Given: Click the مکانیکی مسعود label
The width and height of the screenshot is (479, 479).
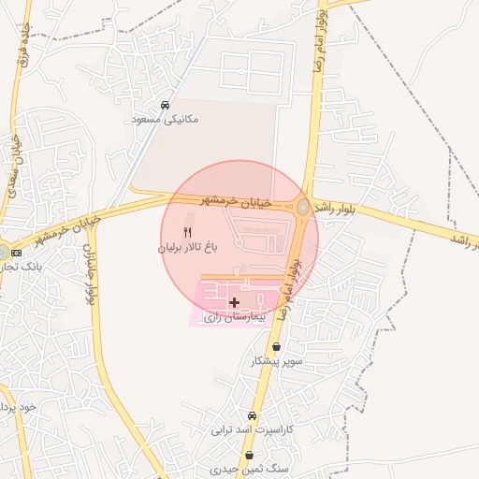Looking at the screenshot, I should pyautogui.click(x=165, y=120).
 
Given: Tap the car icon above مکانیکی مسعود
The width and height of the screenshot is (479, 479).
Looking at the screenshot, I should pyautogui.click(x=165, y=106).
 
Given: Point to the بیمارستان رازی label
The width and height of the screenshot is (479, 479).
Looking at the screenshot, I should pyautogui.click(x=235, y=318).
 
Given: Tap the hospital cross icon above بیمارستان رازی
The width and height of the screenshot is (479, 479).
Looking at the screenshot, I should pyautogui.click(x=234, y=302).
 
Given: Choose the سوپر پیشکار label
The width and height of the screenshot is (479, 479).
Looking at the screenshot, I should pyautogui.click(x=275, y=360).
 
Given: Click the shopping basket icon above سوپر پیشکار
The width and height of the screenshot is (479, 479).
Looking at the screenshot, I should pyautogui.click(x=275, y=346).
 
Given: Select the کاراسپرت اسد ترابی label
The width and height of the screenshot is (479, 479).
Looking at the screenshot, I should pyautogui.click(x=251, y=430).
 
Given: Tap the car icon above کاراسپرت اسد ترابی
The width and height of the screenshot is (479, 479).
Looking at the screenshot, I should pyautogui.click(x=252, y=415).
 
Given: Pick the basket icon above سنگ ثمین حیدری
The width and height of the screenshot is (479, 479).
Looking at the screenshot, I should pyautogui.click(x=249, y=456).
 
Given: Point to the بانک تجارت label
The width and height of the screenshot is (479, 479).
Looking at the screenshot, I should pyautogui.click(x=11, y=267).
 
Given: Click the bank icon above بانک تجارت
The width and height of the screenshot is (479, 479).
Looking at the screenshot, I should pyautogui.click(x=17, y=254).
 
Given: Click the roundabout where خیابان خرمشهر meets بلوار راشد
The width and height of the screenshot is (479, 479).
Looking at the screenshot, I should pyautogui.click(x=304, y=208).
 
